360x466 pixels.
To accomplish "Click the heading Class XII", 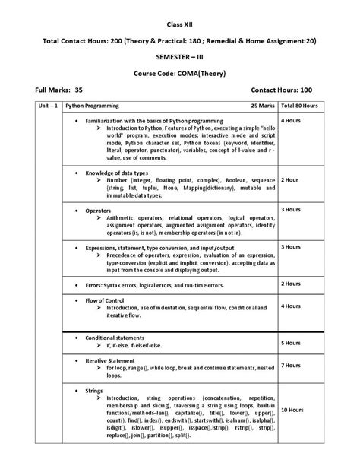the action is [x=179, y=24].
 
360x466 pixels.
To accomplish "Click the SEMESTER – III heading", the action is [x=179, y=58].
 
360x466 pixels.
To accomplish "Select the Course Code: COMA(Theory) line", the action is [x=179, y=73].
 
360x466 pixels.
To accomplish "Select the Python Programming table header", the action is [x=92, y=106].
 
